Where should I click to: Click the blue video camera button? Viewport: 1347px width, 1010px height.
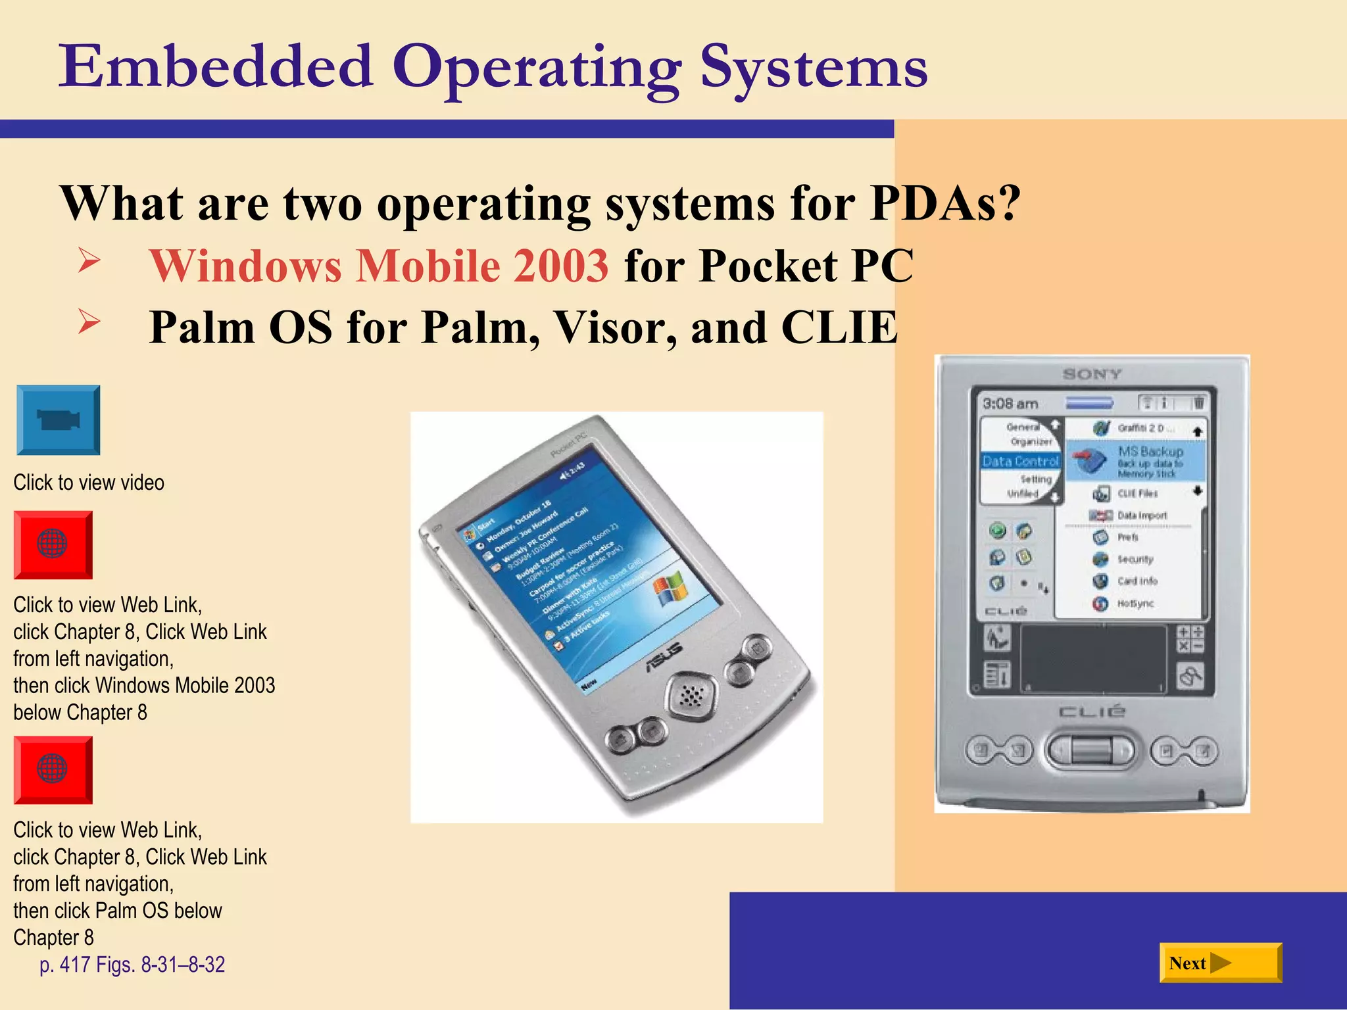click(58, 420)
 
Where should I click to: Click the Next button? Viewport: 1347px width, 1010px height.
click(1220, 963)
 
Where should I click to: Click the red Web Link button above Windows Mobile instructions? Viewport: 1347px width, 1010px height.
click(53, 544)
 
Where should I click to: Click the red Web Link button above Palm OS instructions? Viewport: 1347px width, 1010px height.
click(53, 769)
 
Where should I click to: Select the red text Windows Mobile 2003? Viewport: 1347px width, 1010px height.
click(379, 266)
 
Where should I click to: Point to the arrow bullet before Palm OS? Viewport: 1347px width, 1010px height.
click(89, 322)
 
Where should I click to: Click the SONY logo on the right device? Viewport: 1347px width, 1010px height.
click(1092, 374)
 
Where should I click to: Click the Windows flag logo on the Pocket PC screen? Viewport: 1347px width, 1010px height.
click(670, 588)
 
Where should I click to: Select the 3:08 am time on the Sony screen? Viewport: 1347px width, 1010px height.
click(1010, 404)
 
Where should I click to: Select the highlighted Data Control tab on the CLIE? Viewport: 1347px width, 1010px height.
click(1020, 461)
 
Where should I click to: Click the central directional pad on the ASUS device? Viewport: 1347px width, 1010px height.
click(690, 695)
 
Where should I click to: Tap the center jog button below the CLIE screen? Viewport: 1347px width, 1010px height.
click(1091, 750)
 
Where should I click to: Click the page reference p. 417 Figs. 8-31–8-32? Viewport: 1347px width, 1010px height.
click(132, 965)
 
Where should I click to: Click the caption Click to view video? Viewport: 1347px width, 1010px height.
click(89, 483)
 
